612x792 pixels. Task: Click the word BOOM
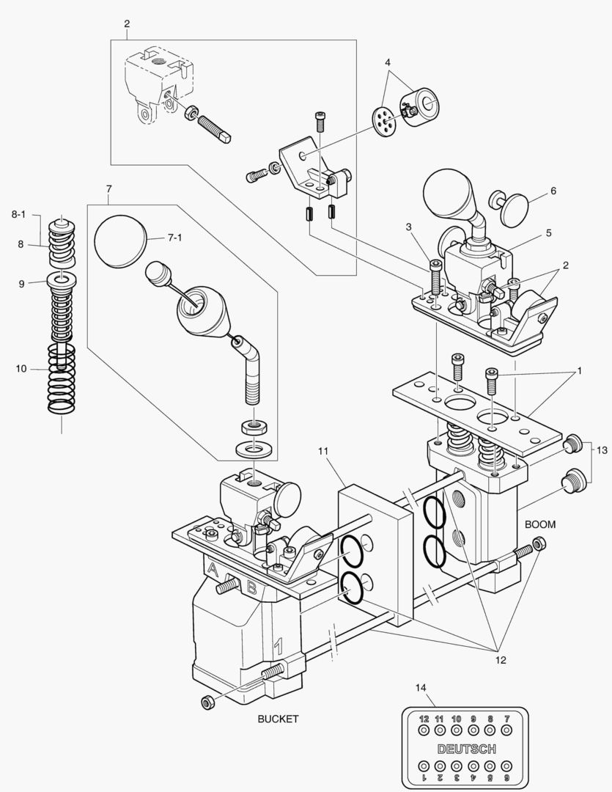click(x=540, y=524)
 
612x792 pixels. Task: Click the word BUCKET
click(x=278, y=719)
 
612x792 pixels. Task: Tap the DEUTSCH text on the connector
click(x=466, y=749)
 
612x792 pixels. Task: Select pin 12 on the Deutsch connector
click(x=424, y=730)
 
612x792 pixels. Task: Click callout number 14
click(x=421, y=687)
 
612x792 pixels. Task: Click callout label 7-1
click(x=174, y=238)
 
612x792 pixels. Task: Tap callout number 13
click(x=602, y=449)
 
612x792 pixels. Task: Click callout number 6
click(x=553, y=191)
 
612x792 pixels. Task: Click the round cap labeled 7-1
click(x=121, y=241)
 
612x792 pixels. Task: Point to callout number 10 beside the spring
click(x=21, y=368)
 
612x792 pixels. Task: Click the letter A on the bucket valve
click(x=213, y=569)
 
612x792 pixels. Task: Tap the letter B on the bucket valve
click(x=251, y=587)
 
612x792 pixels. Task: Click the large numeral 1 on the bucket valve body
click(x=278, y=647)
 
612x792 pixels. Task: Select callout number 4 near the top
click(x=388, y=62)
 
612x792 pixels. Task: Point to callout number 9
click(x=21, y=282)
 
